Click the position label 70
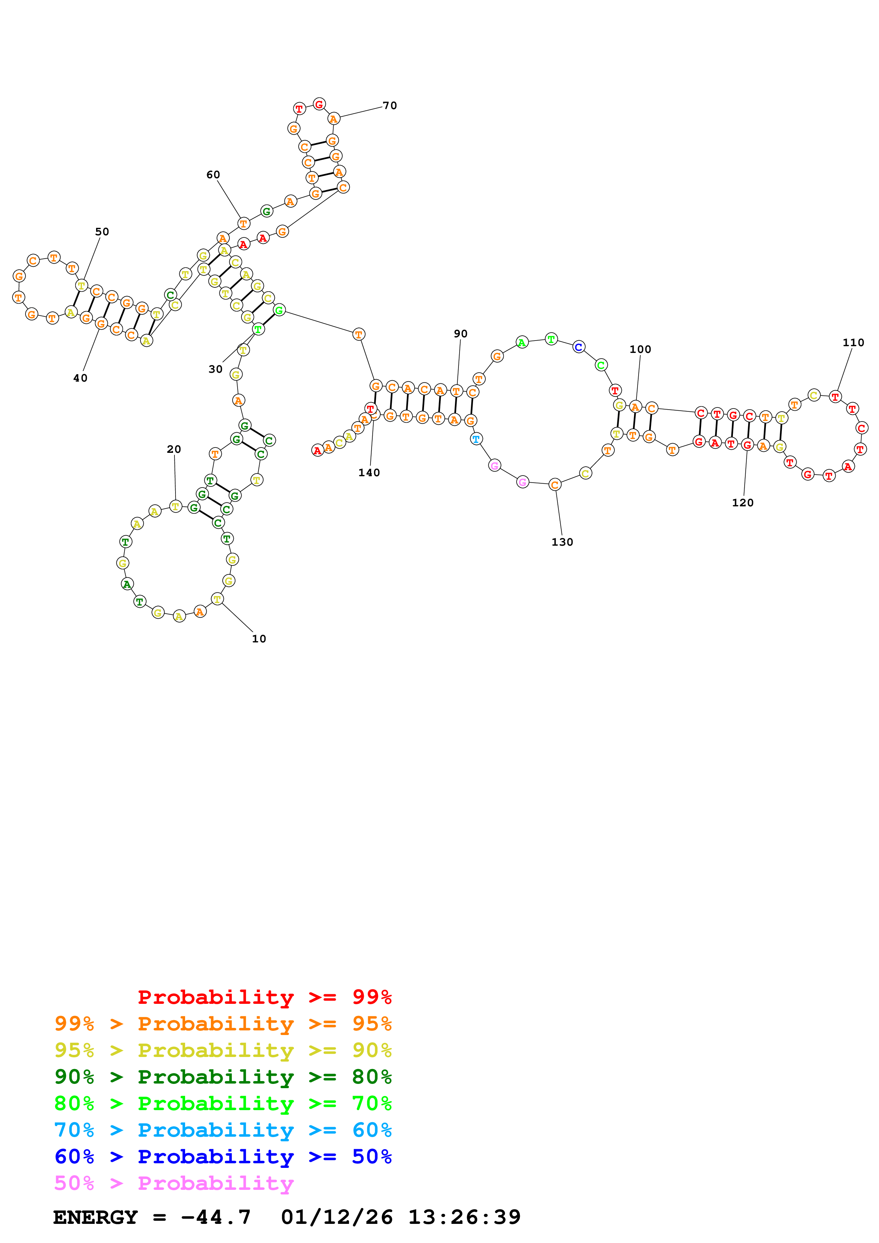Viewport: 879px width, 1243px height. click(x=389, y=106)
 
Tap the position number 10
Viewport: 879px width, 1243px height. click(x=259, y=639)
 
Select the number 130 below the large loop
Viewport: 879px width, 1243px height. click(x=562, y=542)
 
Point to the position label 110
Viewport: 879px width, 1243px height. click(x=853, y=342)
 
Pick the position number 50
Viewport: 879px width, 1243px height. click(x=102, y=232)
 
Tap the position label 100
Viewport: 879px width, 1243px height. click(x=640, y=349)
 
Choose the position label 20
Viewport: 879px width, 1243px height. click(x=174, y=449)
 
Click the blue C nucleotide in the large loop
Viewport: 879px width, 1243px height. click(x=578, y=347)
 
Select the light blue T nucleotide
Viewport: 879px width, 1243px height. click(x=475, y=439)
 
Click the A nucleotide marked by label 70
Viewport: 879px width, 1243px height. click(x=334, y=119)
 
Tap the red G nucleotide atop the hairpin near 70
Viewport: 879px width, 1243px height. click(x=319, y=104)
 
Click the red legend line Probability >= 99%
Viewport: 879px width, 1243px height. click(x=264, y=997)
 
